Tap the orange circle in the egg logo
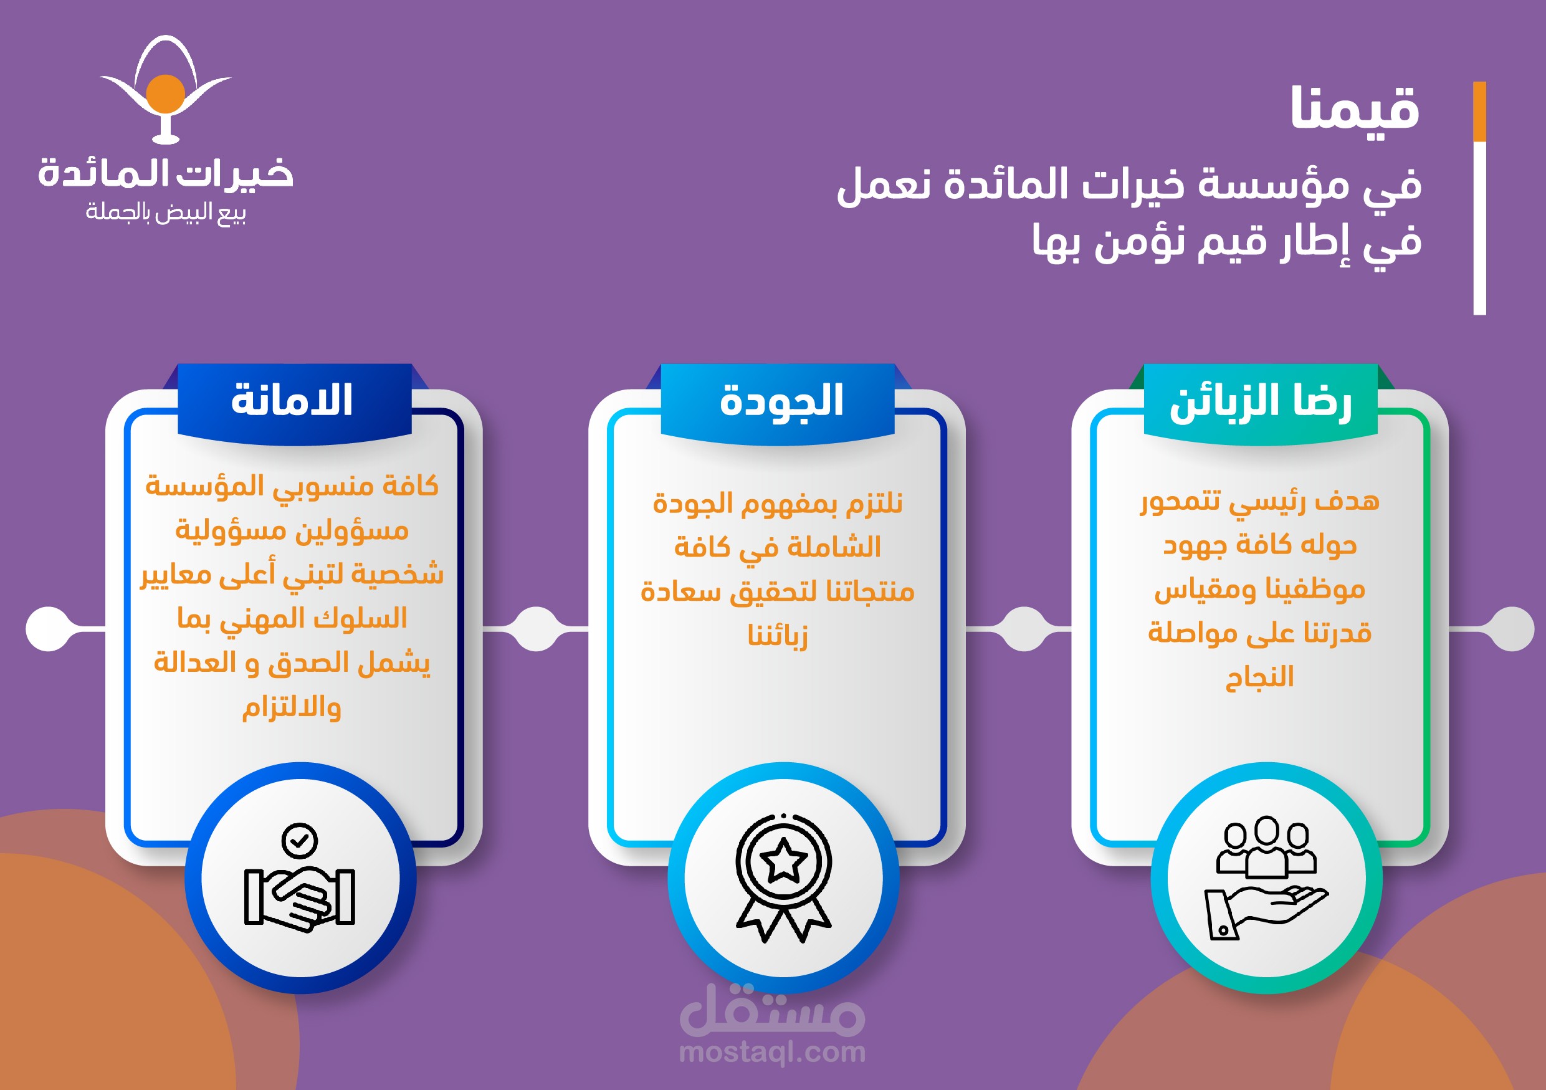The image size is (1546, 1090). (x=166, y=95)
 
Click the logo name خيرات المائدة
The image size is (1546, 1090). (x=166, y=173)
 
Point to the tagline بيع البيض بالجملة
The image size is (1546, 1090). (x=166, y=213)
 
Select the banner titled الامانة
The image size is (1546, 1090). (x=294, y=402)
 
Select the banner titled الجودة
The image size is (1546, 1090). (x=778, y=402)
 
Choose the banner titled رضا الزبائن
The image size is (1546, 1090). (x=1261, y=402)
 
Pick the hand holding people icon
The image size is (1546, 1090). (x=1266, y=878)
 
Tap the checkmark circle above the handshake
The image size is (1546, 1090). (x=300, y=840)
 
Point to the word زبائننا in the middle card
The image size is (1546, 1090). (x=778, y=634)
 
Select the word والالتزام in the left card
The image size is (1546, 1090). (x=292, y=707)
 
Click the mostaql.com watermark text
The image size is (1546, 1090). (x=772, y=1051)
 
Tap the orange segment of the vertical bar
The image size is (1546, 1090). (x=1479, y=112)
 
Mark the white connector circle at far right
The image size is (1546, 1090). (x=1513, y=629)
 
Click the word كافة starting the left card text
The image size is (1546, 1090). (x=410, y=485)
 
